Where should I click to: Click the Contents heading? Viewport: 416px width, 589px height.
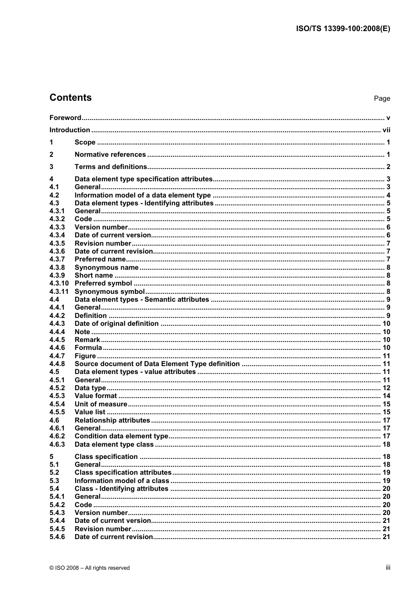pyautogui.click(x=71, y=98)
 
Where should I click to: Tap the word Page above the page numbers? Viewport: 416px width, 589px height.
pyautogui.click(x=382, y=99)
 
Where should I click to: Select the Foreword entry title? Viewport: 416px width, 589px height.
pyautogui.click(x=65, y=118)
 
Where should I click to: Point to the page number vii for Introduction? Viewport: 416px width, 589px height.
pyautogui.click(x=386, y=130)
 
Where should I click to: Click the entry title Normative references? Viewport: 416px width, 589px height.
pyautogui.click(x=110, y=155)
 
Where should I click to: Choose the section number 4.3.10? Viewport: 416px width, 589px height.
pyautogui.click(x=59, y=283)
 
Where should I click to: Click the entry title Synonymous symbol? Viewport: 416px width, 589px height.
pyautogui.click(x=109, y=292)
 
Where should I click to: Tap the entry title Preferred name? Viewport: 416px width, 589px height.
pyautogui.click(x=100, y=259)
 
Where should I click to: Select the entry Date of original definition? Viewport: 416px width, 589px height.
pyautogui.click(x=116, y=324)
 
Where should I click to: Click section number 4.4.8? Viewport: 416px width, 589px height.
pyautogui.click(x=57, y=364)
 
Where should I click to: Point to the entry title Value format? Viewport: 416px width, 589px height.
pyautogui.click(x=95, y=396)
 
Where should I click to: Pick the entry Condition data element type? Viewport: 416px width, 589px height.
pyautogui.click(x=121, y=436)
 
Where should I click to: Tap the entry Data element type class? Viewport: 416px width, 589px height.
pyautogui.click(x=114, y=444)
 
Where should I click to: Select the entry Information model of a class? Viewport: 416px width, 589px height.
pyautogui.click(x=122, y=481)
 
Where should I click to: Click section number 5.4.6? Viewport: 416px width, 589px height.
pyautogui.click(x=57, y=537)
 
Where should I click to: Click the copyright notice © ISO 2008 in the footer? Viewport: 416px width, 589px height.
pyautogui.click(x=89, y=568)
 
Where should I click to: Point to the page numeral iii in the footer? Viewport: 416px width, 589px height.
pyautogui.click(x=388, y=568)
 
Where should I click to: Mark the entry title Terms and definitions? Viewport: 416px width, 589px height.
pyautogui.click(x=111, y=167)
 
